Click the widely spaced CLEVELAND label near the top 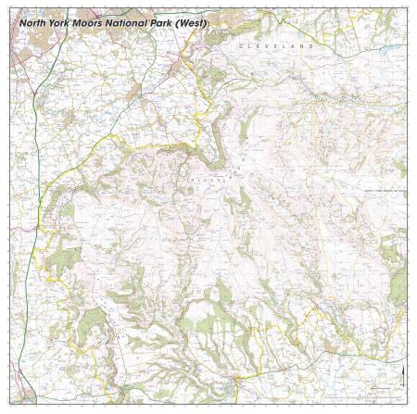point(276,44)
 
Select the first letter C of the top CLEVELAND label point(240,44)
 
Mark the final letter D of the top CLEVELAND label point(312,44)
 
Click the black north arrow point(402,375)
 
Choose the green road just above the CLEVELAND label point(278,32)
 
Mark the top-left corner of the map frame point(8,7)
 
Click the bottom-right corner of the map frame point(409,407)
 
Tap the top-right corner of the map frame point(409,7)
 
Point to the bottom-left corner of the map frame point(8,407)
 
